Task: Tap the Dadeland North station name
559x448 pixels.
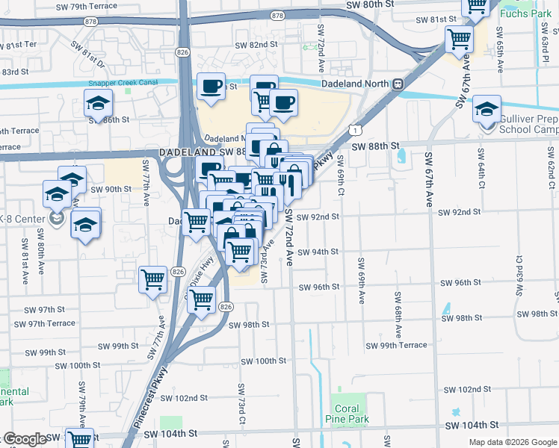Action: pos(356,84)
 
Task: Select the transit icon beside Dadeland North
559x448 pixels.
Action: pos(398,84)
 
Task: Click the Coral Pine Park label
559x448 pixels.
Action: pos(346,414)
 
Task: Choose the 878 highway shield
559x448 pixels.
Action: pos(278,16)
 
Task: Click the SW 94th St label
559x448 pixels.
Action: pos(318,252)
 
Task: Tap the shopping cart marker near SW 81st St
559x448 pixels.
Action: pos(459,38)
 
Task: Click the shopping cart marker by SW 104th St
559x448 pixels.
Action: pos(78,439)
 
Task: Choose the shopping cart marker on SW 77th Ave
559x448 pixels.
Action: pos(153,280)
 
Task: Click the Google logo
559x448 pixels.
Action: pos(25,439)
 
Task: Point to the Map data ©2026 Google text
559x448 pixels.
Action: pos(512,442)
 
